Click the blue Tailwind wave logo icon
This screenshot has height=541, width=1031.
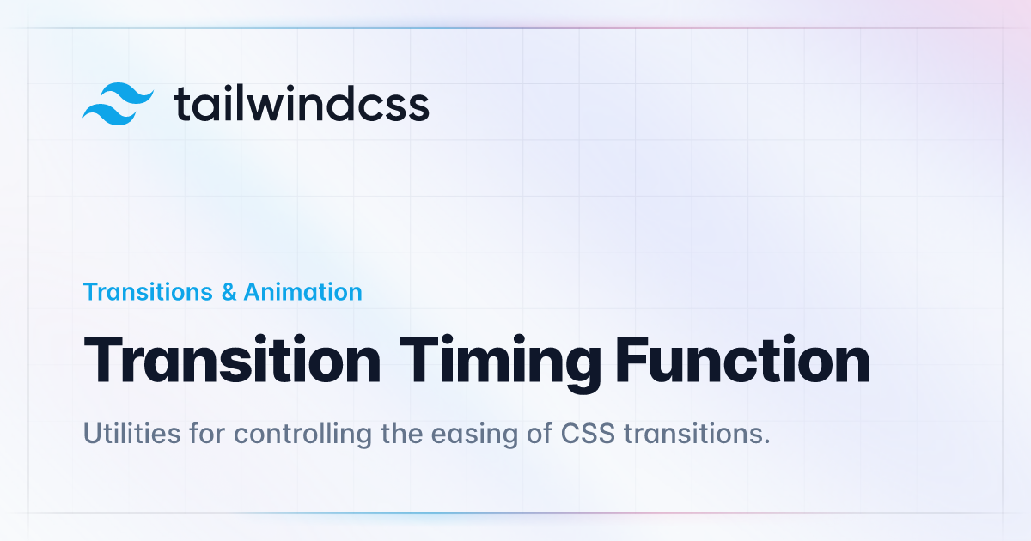point(119,104)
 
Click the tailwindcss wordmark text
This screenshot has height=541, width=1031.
point(302,104)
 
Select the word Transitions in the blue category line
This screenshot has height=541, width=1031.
point(148,292)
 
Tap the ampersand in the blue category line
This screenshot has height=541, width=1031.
point(229,292)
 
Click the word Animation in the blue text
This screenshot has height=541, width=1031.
point(302,292)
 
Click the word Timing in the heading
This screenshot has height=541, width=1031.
point(500,364)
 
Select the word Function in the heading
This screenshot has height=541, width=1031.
point(743,359)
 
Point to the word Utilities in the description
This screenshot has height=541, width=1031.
point(131,434)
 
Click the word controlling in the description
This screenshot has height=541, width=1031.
point(302,435)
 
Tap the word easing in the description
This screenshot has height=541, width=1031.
point(474,435)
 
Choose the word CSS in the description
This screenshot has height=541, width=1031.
point(588,434)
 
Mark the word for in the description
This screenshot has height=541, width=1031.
point(207,434)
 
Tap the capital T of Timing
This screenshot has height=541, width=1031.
point(419,359)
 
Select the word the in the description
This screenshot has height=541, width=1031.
point(402,434)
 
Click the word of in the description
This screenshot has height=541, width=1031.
point(540,434)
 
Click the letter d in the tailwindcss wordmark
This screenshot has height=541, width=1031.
point(336,104)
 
